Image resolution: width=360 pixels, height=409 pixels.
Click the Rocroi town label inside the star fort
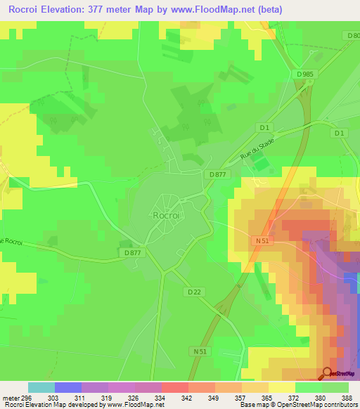coord(167,216)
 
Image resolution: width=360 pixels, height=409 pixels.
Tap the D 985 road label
coord(304,74)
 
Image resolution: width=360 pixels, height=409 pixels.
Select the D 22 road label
coord(195,291)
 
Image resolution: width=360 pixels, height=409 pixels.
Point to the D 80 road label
coord(353,35)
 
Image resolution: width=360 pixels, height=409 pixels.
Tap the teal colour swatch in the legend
coord(41,387)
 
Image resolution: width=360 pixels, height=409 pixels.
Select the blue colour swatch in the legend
coord(68,387)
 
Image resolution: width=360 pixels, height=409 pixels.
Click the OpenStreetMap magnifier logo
coord(328,373)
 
